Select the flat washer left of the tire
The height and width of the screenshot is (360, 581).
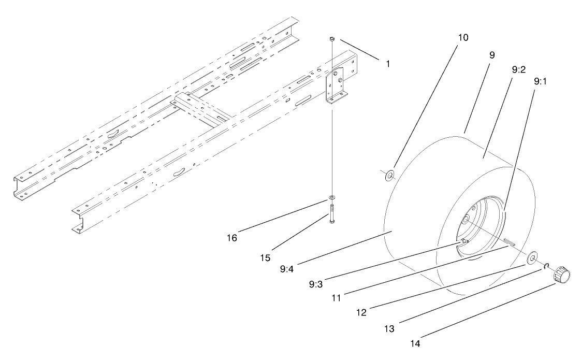(x=388, y=175)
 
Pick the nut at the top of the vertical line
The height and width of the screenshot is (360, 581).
(x=331, y=39)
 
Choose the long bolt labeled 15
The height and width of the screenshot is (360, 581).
(x=331, y=212)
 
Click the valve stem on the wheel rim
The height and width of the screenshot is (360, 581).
(x=464, y=241)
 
